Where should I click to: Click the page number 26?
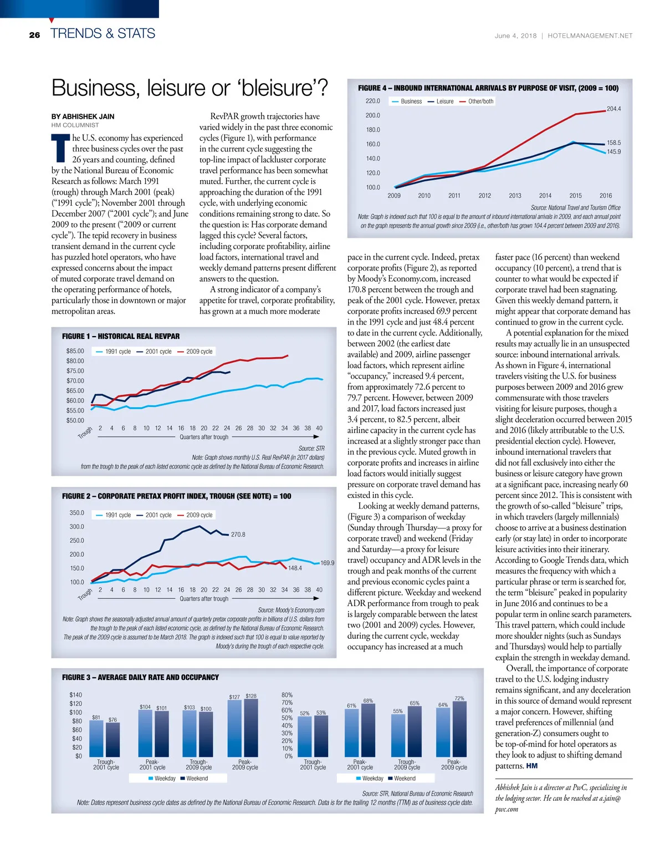[x=34, y=35]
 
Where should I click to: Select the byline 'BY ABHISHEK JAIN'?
[x=83, y=116]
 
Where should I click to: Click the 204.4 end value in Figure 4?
[x=613, y=109]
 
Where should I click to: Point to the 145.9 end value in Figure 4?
[x=613, y=151]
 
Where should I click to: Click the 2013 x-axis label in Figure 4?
[x=515, y=196]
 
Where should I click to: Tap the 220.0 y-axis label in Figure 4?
[x=372, y=101]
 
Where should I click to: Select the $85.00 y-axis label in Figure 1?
[x=75, y=351]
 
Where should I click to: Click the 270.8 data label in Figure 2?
[x=238, y=535]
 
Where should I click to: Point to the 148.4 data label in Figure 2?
[x=295, y=568]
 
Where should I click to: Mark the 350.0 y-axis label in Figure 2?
[x=76, y=513]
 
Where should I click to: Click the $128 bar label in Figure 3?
[x=251, y=696]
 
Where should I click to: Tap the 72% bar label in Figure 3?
[x=459, y=698]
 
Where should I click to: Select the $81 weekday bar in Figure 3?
[x=96, y=738]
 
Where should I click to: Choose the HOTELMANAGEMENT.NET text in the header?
[x=590, y=35]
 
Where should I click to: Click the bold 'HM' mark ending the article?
[x=531, y=766]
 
